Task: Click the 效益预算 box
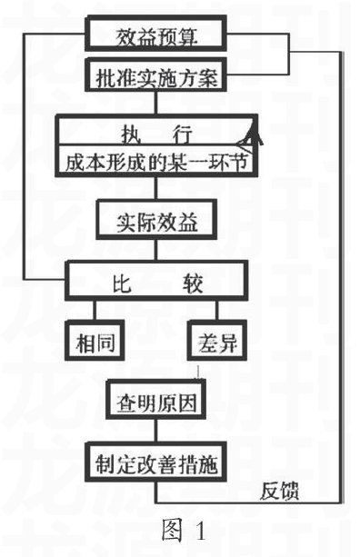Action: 155,35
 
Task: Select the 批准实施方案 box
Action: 155,76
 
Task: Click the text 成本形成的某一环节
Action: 155,164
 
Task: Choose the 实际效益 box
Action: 155,221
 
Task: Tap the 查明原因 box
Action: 155,400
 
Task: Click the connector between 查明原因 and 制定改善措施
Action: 155,429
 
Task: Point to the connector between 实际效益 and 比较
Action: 155,251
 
